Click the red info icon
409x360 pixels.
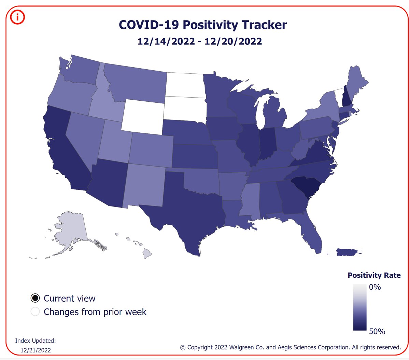point(17,17)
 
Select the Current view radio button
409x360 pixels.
point(35,298)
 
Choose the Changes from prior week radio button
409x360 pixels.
point(35,312)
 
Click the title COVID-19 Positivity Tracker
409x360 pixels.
point(203,25)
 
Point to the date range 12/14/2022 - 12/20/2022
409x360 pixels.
point(200,41)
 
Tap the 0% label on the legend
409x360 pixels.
point(375,287)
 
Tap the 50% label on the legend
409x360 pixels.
point(377,331)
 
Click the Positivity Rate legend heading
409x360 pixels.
point(374,275)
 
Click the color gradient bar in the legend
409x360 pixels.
point(359,307)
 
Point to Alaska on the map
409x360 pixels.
point(70,229)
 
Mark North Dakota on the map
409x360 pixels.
point(185,84)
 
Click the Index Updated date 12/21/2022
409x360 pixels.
point(36,350)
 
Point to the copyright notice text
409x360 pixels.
point(290,347)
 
